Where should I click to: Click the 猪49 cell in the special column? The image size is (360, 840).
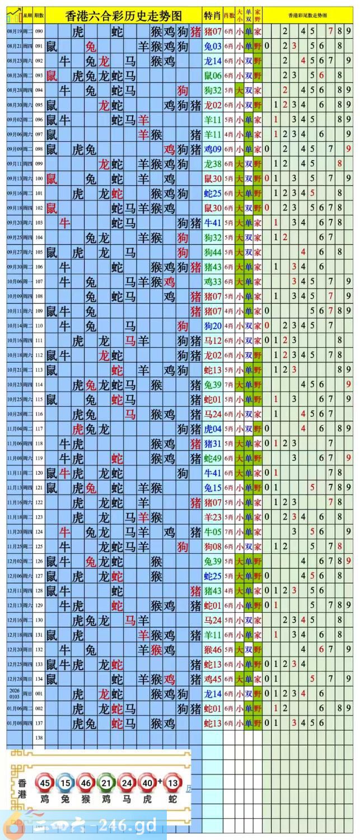point(213,458)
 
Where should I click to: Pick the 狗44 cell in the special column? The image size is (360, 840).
point(213,252)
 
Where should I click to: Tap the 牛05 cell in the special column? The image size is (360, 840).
point(213,531)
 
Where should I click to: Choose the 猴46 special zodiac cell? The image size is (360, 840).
point(213,650)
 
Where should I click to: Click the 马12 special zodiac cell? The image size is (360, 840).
point(213,340)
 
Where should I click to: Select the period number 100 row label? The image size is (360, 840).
point(39,179)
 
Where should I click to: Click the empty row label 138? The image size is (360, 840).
point(39,738)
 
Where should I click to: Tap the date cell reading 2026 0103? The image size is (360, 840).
point(15,693)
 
